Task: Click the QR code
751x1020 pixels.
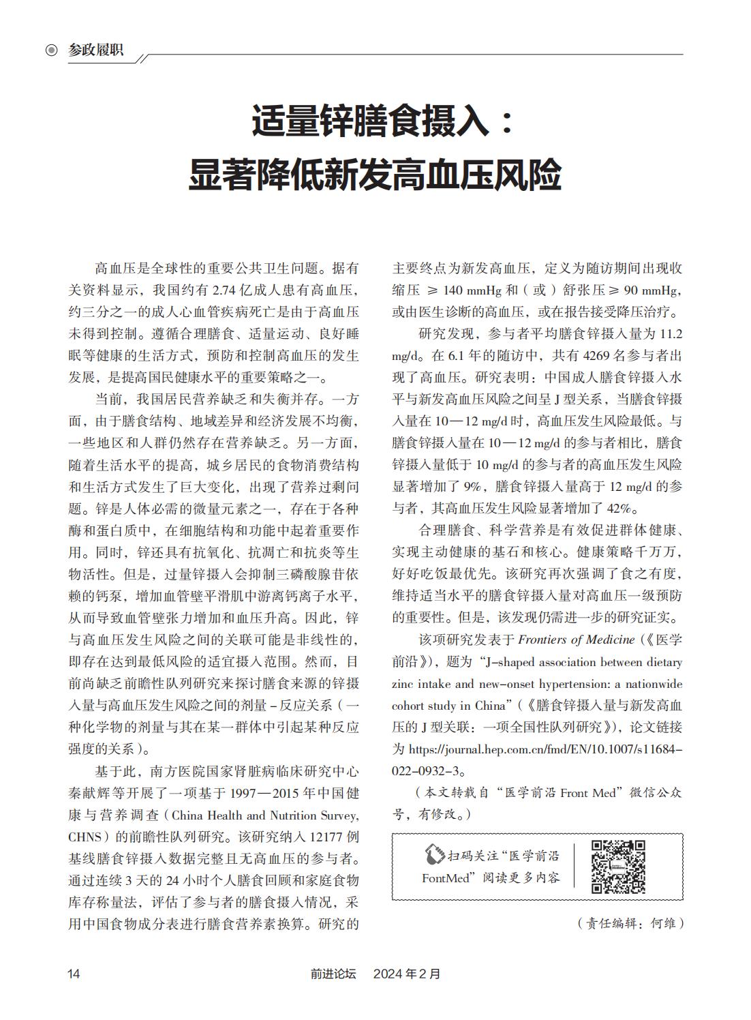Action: (x=617, y=866)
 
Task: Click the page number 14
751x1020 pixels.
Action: (x=74, y=974)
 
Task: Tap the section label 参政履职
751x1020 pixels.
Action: (x=96, y=50)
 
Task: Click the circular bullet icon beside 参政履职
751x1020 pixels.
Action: (x=52, y=50)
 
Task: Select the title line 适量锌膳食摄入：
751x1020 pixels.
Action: (x=382, y=121)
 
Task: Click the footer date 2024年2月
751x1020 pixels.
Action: (x=407, y=974)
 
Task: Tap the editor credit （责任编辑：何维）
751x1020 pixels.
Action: (x=630, y=923)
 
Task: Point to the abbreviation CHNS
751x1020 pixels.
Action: (x=85, y=837)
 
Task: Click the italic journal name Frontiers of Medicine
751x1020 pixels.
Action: (x=568, y=640)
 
